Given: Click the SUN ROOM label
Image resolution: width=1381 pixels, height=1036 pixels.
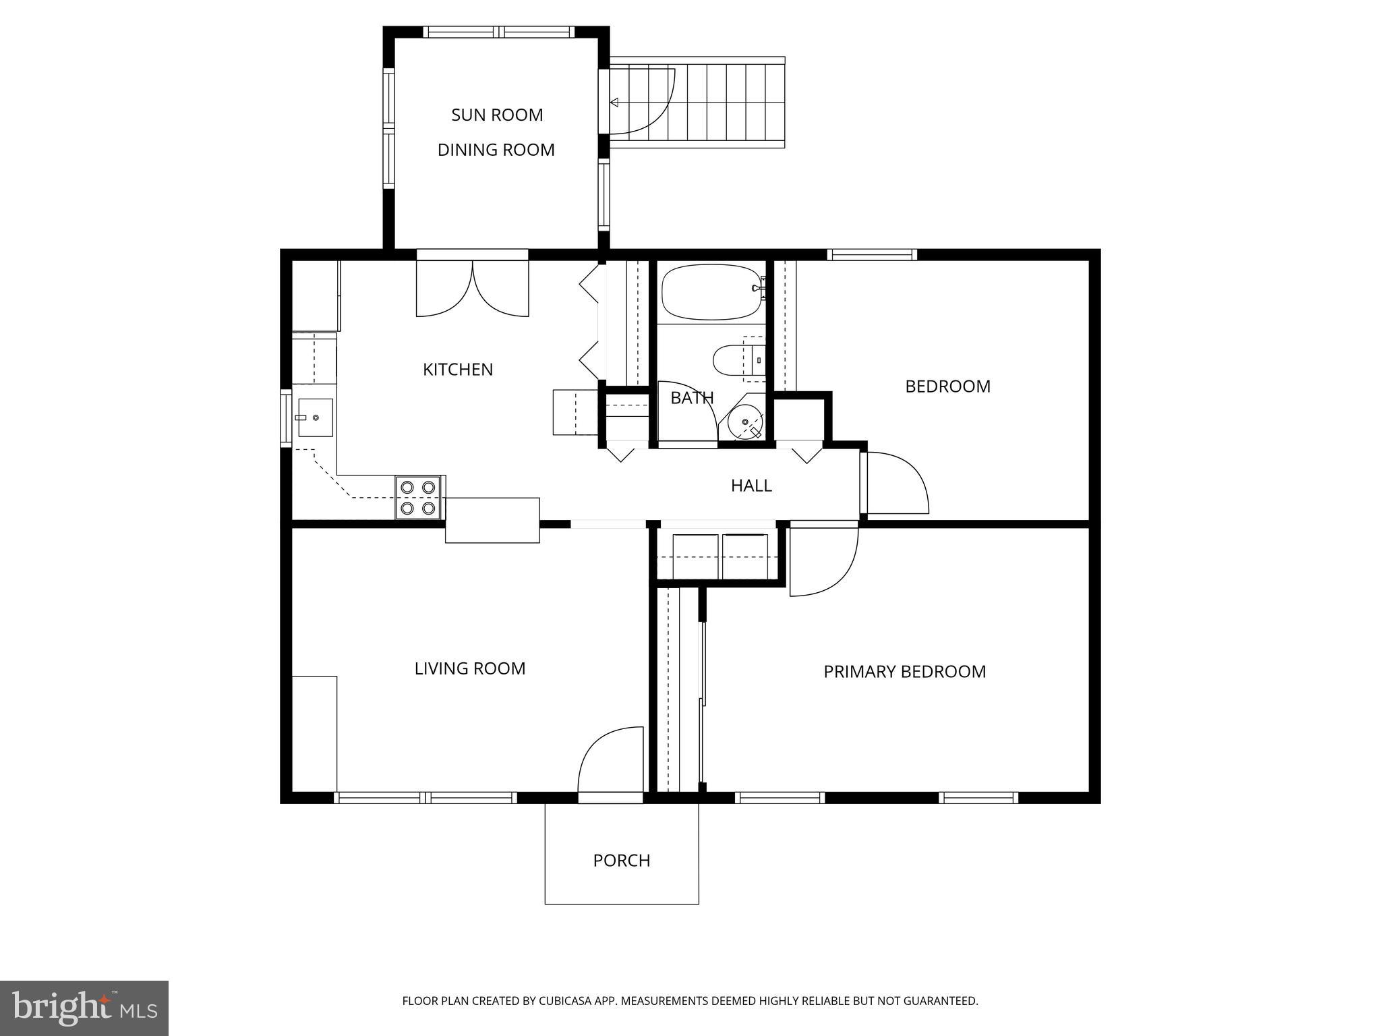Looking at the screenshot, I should [x=497, y=115].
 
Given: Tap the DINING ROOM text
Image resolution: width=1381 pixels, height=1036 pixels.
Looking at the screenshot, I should [x=496, y=150].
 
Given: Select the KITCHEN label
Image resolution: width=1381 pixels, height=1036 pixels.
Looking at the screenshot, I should [x=458, y=370].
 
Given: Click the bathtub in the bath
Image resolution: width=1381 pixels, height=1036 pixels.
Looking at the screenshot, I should [x=711, y=291].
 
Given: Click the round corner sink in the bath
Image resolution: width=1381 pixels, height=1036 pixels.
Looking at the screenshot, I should [x=744, y=422].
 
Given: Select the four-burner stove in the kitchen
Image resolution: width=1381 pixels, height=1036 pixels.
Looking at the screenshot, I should [x=417, y=497].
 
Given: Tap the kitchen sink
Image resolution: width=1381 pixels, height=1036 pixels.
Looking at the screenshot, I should [x=315, y=418].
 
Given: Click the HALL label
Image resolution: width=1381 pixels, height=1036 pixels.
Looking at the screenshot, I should [x=751, y=486].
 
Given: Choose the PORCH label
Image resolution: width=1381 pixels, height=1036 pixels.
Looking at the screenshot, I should [x=622, y=861].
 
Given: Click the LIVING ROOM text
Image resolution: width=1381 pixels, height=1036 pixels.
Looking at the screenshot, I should [x=470, y=668].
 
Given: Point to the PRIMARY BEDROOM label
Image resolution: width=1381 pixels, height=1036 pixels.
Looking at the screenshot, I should [x=904, y=672].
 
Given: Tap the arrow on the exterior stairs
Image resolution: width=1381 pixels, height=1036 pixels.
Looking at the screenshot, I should [x=614, y=103].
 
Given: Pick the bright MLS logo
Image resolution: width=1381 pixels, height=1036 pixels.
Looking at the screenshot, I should [x=84, y=1008].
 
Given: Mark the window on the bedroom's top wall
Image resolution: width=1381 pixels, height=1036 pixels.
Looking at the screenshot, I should [x=871, y=255].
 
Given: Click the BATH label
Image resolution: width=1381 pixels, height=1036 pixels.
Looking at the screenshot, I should [x=692, y=398].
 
